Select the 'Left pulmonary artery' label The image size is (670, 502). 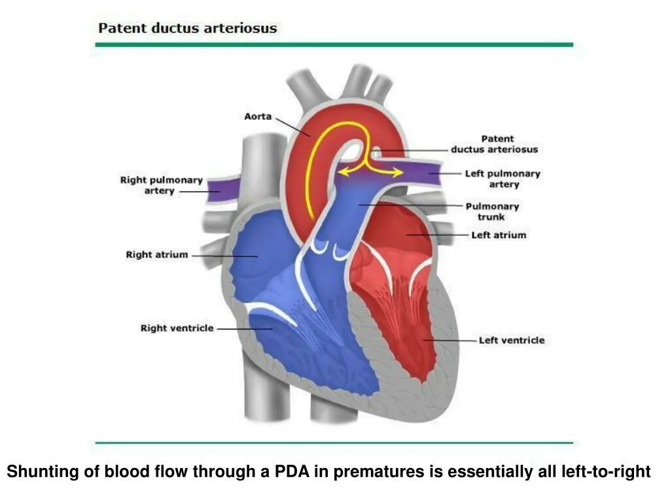pyautogui.click(x=502, y=179)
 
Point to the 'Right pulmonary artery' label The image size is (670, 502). pyautogui.click(x=161, y=186)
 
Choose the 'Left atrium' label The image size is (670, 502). pyautogui.click(x=499, y=235)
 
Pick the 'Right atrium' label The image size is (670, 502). pyautogui.click(x=156, y=255)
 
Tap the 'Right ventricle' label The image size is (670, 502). pyautogui.click(x=177, y=328)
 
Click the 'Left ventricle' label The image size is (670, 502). pyautogui.click(x=511, y=341)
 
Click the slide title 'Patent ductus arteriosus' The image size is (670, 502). pyautogui.click(x=187, y=29)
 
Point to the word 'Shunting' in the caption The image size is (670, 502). pyautogui.click(x=38, y=471)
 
